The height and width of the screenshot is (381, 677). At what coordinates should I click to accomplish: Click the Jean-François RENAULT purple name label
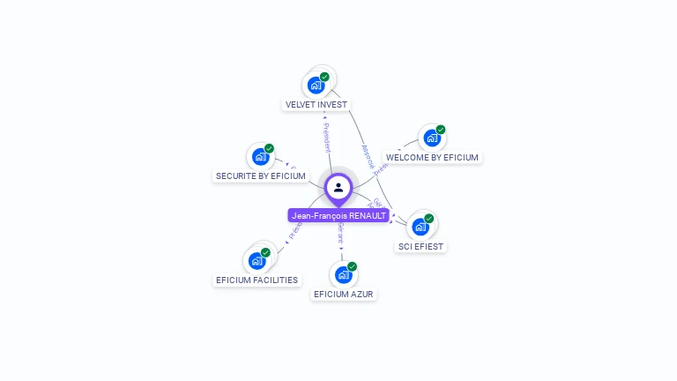(x=338, y=215)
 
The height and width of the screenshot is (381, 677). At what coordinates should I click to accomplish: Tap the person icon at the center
(x=338, y=187)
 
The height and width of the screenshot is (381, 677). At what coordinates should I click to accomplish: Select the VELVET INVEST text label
(x=316, y=104)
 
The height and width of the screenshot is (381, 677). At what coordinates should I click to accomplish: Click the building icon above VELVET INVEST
(x=315, y=86)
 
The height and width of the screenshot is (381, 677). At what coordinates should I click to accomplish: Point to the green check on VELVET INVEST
(x=324, y=77)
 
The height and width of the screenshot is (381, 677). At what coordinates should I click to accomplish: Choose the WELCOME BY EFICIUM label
(x=432, y=157)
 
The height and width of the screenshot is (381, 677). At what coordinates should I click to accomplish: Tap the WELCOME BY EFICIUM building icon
(x=431, y=138)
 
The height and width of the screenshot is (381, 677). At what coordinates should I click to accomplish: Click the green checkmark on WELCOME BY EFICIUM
(x=441, y=130)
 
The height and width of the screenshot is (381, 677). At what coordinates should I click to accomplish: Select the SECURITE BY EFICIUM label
(x=261, y=176)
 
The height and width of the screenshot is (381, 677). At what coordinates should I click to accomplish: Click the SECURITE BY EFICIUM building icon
(x=260, y=157)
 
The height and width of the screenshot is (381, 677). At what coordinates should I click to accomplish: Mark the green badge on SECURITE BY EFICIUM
(x=269, y=148)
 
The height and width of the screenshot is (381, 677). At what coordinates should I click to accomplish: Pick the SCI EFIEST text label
(x=421, y=246)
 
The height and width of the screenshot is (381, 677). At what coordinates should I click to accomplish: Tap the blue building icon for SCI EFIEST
(x=420, y=227)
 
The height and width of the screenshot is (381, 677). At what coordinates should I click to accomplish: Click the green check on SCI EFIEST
(x=429, y=218)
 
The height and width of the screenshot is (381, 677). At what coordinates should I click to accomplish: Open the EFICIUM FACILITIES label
(x=257, y=280)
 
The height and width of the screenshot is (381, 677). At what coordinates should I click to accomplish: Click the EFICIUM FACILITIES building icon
(x=257, y=261)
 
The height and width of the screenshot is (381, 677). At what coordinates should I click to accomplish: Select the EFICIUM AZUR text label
(x=344, y=294)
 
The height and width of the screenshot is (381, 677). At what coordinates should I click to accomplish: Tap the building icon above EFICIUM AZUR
(x=343, y=275)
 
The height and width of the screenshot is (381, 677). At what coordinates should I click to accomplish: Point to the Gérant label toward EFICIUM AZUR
(x=340, y=234)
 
